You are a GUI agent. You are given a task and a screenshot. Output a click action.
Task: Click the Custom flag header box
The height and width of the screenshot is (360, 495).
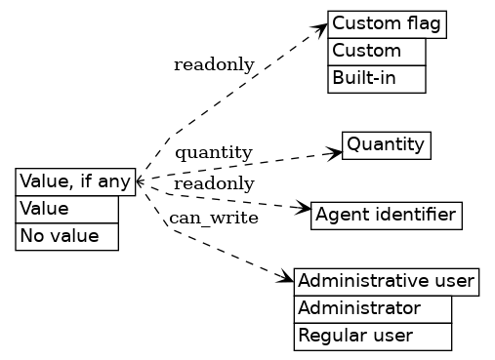(x=387, y=24)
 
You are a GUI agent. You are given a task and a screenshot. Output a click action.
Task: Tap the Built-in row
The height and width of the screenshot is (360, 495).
(x=377, y=78)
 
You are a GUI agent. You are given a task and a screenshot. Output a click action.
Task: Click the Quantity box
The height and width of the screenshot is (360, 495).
(x=386, y=145)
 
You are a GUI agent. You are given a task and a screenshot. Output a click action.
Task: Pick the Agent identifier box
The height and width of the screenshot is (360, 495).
(x=386, y=215)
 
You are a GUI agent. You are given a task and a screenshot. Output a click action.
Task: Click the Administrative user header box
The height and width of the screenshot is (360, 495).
(x=387, y=282)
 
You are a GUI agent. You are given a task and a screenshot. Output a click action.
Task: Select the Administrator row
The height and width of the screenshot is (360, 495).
(x=372, y=309)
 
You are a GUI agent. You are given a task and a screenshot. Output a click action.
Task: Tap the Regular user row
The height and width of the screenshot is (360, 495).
(x=372, y=337)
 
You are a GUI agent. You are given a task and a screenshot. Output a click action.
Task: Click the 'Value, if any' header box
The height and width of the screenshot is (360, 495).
(x=75, y=181)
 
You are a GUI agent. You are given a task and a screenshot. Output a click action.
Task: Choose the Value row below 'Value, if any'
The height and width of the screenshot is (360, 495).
(x=66, y=209)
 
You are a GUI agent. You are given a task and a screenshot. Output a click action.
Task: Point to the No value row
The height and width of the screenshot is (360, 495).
(x=66, y=236)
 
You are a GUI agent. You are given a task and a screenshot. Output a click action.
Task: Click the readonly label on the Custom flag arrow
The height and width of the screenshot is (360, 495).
(x=214, y=65)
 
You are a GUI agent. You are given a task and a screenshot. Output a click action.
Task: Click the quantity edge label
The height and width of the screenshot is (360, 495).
(x=214, y=153)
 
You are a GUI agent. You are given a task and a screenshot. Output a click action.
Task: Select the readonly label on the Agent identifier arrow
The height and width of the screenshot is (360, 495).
(x=214, y=184)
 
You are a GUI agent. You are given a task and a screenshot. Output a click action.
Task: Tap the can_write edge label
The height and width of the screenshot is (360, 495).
(x=214, y=218)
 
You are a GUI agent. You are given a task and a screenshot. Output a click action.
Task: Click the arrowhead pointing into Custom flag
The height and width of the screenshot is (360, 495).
(x=320, y=28)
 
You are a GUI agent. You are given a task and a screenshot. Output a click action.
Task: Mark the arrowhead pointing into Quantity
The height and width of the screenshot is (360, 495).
(x=335, y=151)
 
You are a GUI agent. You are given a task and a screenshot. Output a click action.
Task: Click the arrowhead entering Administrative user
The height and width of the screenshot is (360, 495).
(x=287, y=279)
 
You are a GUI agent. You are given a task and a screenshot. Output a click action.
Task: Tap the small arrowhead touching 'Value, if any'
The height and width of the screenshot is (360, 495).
(x=140, y=181)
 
